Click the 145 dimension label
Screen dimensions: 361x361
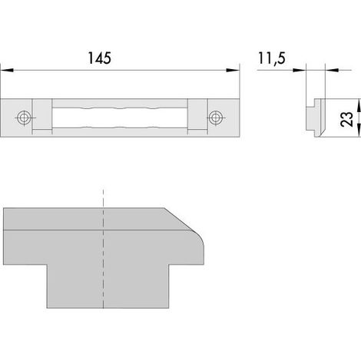click(x=99, y=58)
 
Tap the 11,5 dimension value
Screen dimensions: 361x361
click(x=272, y=58)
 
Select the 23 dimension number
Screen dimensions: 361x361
click(x=346, y=119)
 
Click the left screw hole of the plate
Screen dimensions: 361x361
click(x=24, y=118)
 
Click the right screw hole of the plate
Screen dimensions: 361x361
click(x=215, y=118)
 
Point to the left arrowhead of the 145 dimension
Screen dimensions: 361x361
click(x=7, y=70)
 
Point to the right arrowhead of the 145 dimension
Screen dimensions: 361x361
click(x=233, y=70)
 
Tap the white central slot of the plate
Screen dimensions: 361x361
click(x=120, y=118)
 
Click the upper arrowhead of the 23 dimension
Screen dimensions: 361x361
click(x=359, y=105)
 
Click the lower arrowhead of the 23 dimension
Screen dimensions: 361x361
click(x=359, y=131)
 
